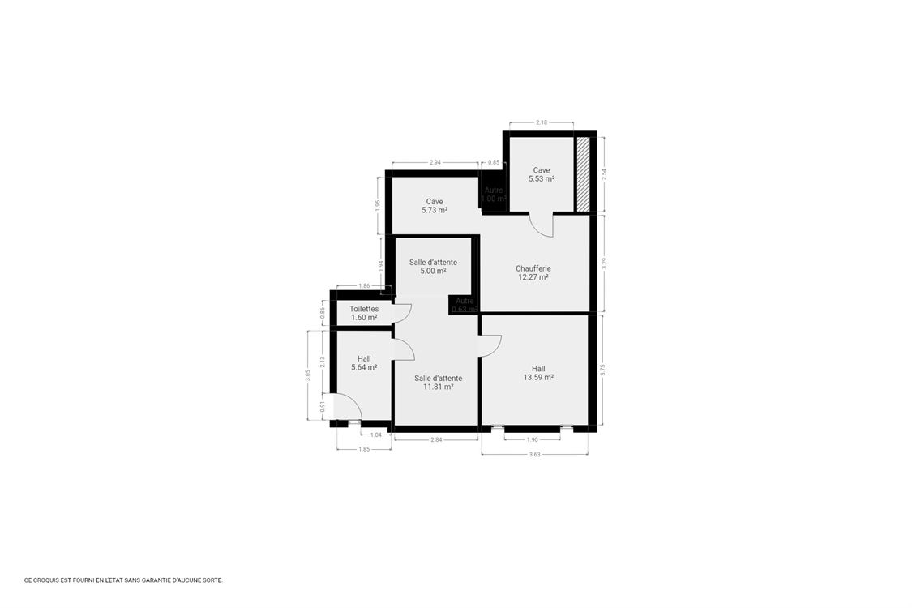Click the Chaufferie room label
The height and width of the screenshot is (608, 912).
[x=533, y=268]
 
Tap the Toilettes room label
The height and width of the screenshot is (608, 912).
[x=364, y=309]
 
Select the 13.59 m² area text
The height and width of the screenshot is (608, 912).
[x=538, y=378]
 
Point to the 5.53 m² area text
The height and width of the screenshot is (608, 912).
[x=542, y=179]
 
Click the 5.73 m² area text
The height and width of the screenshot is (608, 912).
[x=435, y=210]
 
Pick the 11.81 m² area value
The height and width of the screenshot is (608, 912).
[x=438, y=387]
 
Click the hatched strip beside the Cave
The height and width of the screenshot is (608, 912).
[x=582, y=173]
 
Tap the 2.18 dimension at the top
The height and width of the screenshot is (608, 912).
[x=542, y=122]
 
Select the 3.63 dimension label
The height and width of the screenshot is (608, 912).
[x=535, y=454]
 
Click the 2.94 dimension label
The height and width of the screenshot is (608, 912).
[x=435, y=162]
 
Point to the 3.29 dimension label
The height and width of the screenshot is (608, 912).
[x=602, y=263]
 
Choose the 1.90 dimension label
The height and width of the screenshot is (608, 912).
[x=532, y=439]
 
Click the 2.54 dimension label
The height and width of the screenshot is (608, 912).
[x=602, y=173]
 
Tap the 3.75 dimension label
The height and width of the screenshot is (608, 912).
[x=602, y=368]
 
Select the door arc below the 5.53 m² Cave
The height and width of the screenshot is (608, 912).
[x=542, y=225]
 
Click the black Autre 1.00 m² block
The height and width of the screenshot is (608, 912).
[x=493, y=195]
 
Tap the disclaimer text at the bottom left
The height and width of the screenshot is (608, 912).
[x=123, y=580]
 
